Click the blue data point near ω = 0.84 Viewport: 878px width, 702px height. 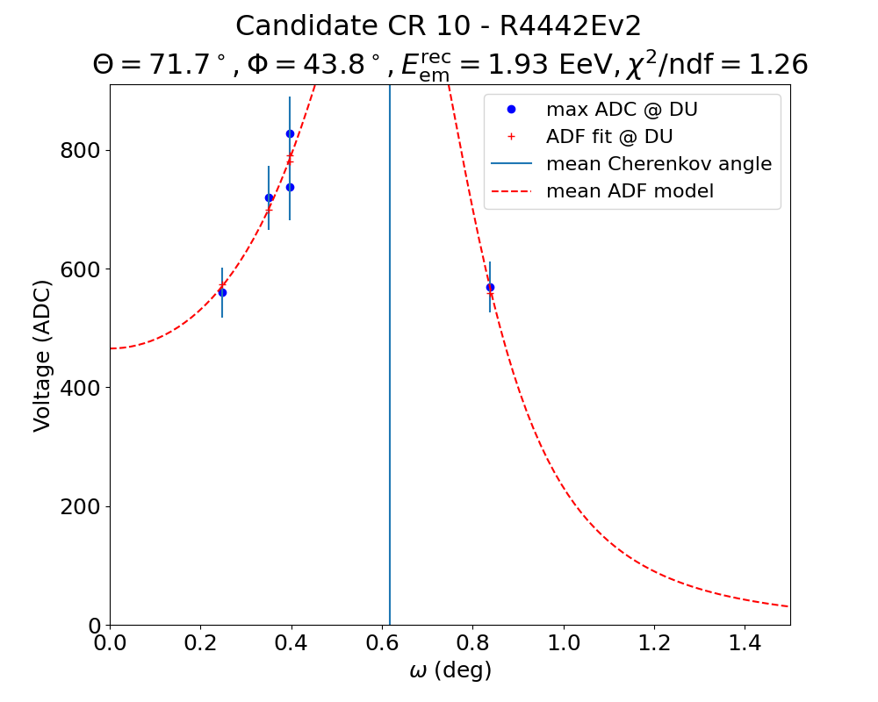pos(490,287)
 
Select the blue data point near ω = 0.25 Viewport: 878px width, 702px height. pos(222,292)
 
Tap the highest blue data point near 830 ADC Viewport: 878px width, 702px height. pos(290,133)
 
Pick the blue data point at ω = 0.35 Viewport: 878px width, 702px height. pos(269,197)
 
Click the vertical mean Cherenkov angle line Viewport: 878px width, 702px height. pos(390,395)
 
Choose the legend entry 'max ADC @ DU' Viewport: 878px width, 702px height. pos(621,110)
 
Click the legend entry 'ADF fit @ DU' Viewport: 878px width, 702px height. pos(608,137)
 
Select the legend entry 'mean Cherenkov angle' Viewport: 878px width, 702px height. pos(658,164)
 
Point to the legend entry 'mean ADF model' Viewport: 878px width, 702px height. pos(630,190)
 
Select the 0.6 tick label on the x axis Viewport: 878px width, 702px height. pos(382,645)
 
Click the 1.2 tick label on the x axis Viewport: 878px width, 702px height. pos(654,645)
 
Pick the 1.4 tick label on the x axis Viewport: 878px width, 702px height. pos(745,645)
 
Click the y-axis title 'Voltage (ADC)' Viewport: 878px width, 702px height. pos(42,355)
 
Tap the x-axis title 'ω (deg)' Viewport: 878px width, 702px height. pos(450,671)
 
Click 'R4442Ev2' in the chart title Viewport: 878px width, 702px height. pos(571,26)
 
